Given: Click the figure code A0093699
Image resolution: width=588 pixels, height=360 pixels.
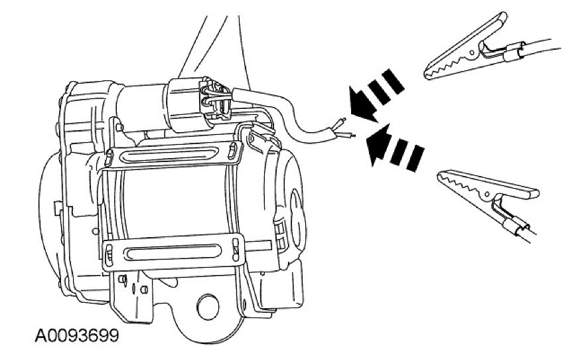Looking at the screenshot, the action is (x=77, y=335).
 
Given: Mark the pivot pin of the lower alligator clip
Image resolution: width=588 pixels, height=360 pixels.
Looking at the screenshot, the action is (x=488, y=194).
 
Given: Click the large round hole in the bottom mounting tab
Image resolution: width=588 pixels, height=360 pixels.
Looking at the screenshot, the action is (x=208, y=307).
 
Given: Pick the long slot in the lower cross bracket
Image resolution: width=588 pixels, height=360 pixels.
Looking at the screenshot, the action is (x=173, y=252).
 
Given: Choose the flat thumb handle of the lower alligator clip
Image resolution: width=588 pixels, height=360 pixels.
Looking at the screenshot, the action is (x=518, y=191).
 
